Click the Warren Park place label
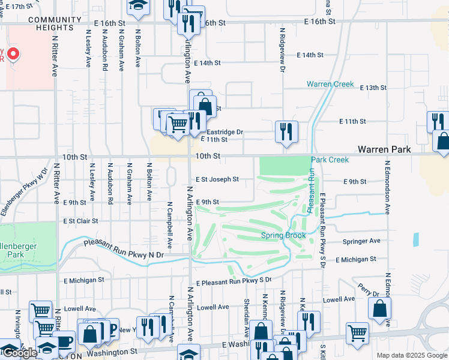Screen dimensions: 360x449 pos(384,148)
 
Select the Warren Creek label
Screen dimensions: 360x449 pos(330,84)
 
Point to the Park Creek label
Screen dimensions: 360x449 pos(330,160)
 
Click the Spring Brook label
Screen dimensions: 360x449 pos(283,236)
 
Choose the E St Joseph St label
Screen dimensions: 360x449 pos(217,179)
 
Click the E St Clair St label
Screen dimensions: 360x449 pos(80,221)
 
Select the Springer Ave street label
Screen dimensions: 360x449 pos(361,241)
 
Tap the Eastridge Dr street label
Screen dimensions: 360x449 pos(225,132)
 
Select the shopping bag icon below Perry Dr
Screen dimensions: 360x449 pos(380,310)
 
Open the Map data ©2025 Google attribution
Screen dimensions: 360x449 pos(412,355)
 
